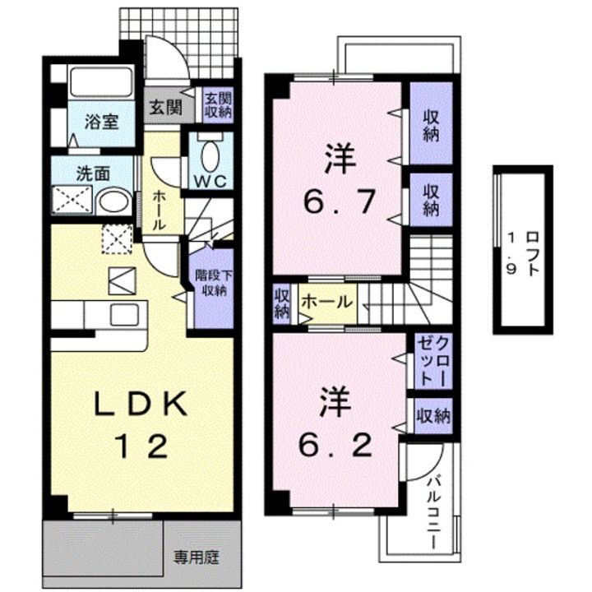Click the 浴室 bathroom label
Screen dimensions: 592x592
104,123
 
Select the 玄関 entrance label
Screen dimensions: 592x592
165,106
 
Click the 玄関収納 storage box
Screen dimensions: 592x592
219,105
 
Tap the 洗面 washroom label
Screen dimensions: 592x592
92,173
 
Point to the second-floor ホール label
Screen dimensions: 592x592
328,303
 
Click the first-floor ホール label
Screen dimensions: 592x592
162,210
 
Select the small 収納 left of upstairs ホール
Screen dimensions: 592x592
282,302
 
